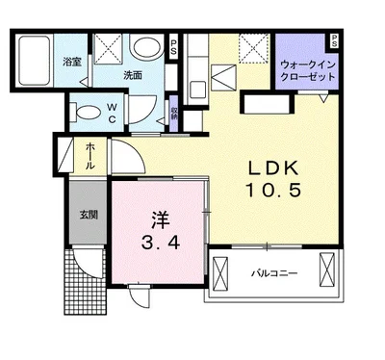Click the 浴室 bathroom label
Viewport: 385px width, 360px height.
tap(72, 62)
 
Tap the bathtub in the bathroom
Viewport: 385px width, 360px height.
tap(34, 61)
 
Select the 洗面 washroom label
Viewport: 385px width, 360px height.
tap(133, 75)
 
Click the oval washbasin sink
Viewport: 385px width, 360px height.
tap(147, 48)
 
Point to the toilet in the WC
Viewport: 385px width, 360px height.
tap(85, 113)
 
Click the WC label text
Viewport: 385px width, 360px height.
tap(112, 113)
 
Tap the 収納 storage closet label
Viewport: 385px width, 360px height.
tap(174, 114)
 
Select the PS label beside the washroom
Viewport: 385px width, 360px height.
tap(173, 47)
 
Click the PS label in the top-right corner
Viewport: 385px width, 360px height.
tap(334, 40)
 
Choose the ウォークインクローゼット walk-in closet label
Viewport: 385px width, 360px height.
tap(308, 70)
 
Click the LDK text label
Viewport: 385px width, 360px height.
tap(273, 167)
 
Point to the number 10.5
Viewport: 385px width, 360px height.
tap(273, 190)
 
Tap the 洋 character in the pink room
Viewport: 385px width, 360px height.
tap(160, 220)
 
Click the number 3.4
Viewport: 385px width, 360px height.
tap(161, 244)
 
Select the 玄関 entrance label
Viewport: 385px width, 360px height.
tap(89, 215)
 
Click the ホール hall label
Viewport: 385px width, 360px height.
tap(90, 156)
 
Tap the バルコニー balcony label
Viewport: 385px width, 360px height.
tap(274, 273)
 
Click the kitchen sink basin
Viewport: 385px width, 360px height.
tap(197, 90)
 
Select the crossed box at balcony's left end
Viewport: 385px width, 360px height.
tap(220, 271)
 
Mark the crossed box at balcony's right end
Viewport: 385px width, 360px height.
tap(327, 269)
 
